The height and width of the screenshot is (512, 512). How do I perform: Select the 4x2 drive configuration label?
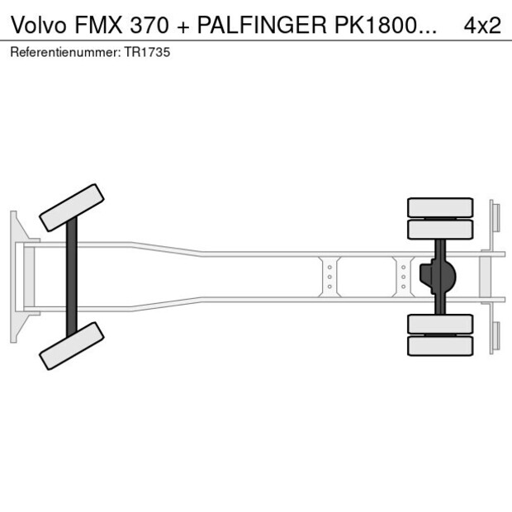[x=481, y=25]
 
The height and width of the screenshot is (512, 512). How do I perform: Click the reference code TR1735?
[x=149, y=52]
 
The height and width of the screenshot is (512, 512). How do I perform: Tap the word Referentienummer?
[x=65, y=52]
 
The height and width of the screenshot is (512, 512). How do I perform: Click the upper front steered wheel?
[x=72, y=207]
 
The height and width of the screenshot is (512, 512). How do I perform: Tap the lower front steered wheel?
[x=72, y=345]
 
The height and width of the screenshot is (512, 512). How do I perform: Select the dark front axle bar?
[x=72, y=276]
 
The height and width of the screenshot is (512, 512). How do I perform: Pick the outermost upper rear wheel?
[x=440, y=206]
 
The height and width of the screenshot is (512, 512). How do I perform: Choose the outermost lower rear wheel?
[x=440, y=346]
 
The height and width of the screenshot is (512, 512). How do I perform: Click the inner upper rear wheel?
[x=440, y=229]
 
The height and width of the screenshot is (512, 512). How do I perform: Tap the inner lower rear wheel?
[x=440, y=324]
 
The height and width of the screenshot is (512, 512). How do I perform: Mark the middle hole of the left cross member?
[x=329, y=277]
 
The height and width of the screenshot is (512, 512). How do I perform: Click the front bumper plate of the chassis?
[x=14, y=276]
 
